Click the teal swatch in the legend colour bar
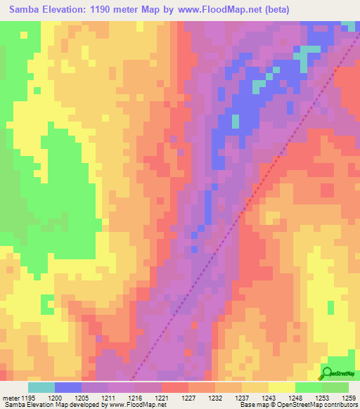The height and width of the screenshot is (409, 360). (41, 387)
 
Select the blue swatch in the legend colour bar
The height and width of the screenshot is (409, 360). (68, 387)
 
